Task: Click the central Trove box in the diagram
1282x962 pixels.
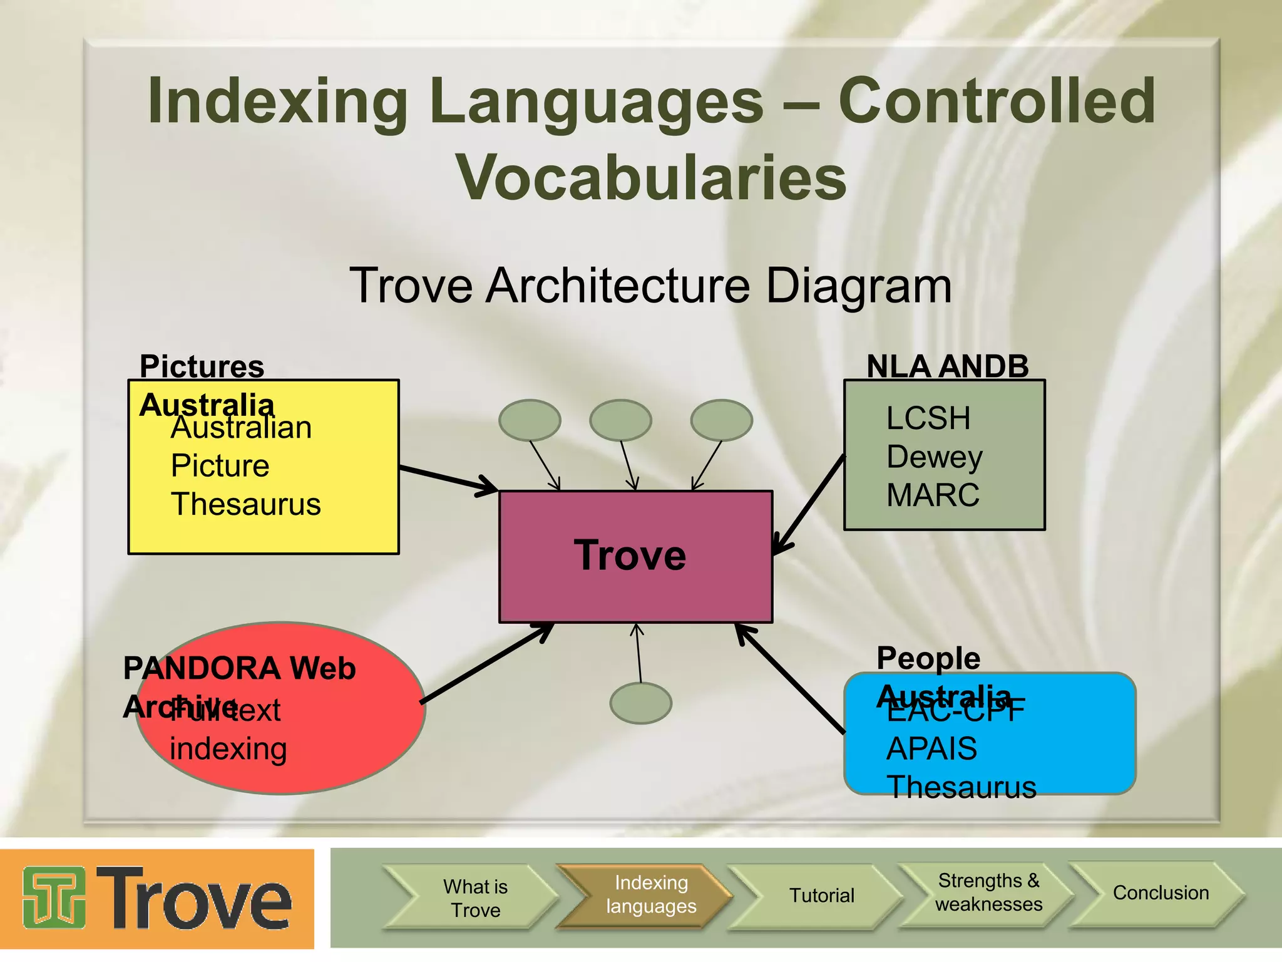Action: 635,556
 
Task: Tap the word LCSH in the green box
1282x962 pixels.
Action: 928,418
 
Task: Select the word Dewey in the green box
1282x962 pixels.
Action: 935,457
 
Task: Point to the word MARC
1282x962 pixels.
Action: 933,495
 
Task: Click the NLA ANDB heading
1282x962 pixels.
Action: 947,366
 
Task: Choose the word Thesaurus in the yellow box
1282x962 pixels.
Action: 245,505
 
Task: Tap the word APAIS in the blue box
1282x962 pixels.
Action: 931,749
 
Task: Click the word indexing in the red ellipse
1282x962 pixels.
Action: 228,749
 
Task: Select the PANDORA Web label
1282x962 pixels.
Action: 239,668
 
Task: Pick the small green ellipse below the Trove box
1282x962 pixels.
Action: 640,703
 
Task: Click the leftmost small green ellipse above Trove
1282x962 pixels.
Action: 530,420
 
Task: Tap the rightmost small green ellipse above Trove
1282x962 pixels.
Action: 721,420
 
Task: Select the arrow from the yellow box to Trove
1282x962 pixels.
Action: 448,478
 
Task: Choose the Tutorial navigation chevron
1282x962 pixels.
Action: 821,896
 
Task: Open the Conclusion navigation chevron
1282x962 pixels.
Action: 1161,893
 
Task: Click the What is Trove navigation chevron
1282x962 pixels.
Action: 475,898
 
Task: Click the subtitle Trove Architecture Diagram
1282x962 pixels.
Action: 650,286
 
